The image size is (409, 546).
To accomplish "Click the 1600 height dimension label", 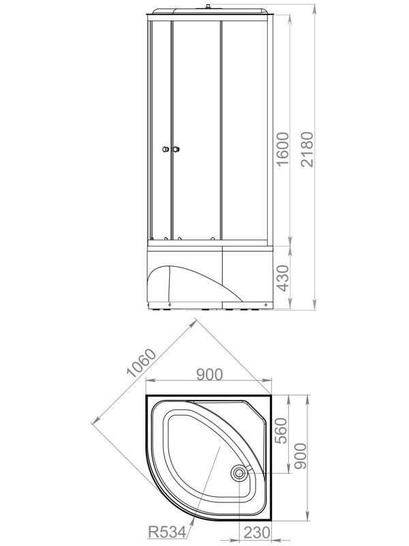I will (x=284, y=149).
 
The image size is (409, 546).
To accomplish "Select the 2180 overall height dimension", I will (x=309, y=149).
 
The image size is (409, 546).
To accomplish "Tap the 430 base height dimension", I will (x=284, y=278).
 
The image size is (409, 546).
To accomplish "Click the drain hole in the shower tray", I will (x=239, y=472).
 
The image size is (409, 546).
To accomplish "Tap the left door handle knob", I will (x=165, y=149).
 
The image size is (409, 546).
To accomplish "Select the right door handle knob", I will (x=176, y=149).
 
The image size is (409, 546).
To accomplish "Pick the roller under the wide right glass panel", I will (x=213, y=239).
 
